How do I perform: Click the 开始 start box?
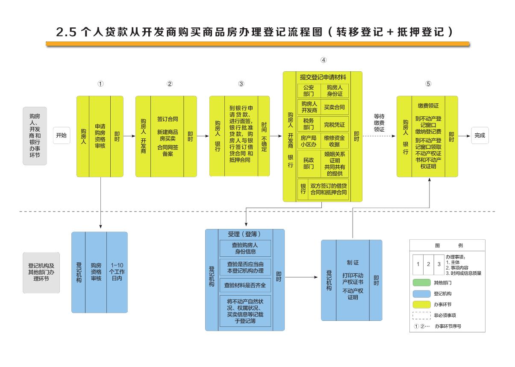pos(62,135)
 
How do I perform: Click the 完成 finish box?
pos(480,135)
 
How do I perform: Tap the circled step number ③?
pos(241,84)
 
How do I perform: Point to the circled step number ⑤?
pos(428,84)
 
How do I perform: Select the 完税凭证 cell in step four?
pos(334,125)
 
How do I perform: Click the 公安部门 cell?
pos(308,91)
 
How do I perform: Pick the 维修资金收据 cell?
pos(334,141)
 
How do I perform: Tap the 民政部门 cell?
pos(308,163)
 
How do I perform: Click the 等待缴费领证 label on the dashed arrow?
pos(379,123)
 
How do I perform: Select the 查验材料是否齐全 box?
pos(245,285)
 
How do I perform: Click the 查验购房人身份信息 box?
pos(245,248)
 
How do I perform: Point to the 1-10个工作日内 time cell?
pos(117,272)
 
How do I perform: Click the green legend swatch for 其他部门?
pos(421,283)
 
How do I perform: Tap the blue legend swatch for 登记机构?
pos(421,294)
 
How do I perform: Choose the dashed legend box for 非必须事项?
pos(421,315)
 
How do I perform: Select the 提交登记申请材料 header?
pos(323,77)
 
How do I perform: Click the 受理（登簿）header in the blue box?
pos(245,234)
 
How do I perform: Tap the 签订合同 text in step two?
pos(167,119)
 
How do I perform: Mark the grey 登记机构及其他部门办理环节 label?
pos(41,272)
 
